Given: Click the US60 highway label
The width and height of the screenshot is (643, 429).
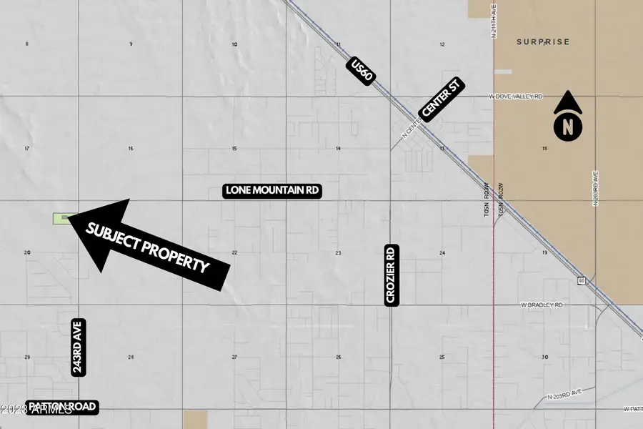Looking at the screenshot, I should [x=362, y=72].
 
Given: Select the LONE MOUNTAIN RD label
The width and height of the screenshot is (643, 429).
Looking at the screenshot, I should [x=272, y=191].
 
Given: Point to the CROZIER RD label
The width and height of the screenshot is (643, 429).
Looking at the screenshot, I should [x=391, y=276].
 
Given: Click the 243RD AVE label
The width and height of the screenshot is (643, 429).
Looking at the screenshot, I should [x=77, y=347].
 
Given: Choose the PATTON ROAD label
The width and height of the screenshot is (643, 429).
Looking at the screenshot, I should [x=61, y=407].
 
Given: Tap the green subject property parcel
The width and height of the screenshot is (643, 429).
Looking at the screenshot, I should [x=62, y=218].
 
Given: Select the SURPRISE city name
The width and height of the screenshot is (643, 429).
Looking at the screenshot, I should [x=543, y=42].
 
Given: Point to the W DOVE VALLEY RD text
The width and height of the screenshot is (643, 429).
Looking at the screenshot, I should [x=516, y=96].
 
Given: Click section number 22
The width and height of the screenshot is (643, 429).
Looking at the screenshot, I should [x=234, y=253].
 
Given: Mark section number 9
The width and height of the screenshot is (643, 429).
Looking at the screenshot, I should [x=131, y=44].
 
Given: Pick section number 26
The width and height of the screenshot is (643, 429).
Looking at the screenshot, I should [x=339, y=357].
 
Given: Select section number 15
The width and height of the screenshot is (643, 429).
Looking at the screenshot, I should [x=234, y=149].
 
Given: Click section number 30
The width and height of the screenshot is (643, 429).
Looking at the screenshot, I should [x=545, y=357].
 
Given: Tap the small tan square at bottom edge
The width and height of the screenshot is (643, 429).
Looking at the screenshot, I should [x=195, y=420].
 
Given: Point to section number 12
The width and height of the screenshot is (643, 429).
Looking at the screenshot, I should [x=443, y=44].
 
